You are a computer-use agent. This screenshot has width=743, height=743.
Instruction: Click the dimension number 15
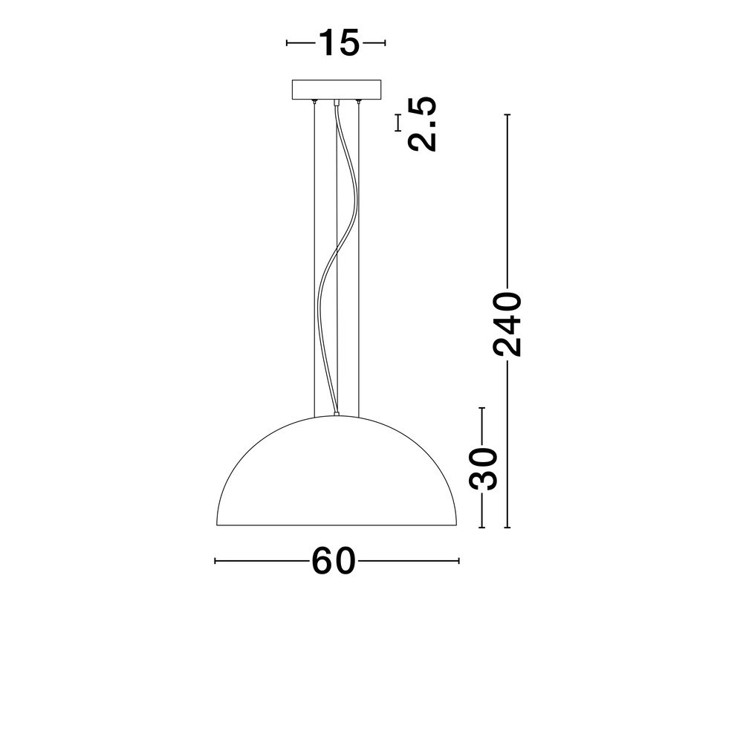(x=339, y=43)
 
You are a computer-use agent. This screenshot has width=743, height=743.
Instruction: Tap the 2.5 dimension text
(x=423, y=124)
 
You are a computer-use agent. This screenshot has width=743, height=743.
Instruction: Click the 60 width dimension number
(x=334, y=561)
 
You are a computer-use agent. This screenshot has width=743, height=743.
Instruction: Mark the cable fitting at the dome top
(x=337, y=414)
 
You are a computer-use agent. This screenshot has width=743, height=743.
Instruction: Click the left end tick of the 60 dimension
(x=215, y=561)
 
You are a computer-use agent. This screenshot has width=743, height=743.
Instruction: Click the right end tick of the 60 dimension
(x=459, y=561)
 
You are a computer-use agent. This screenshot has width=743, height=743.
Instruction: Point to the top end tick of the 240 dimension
(x=507, y=115)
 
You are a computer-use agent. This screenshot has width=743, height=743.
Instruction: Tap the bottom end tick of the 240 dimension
(x=507, y=527)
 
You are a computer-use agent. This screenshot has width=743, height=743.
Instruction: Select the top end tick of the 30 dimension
(x=482, y=408)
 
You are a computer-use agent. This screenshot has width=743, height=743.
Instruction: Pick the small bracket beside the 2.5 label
(x=398, y=123)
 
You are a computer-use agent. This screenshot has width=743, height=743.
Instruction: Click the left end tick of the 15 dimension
(x=288, y=43)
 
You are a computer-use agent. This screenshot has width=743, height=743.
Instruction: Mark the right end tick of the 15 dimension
(x=385, y=43)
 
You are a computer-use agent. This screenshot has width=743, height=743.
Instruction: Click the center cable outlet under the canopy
(x=337, y=102)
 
